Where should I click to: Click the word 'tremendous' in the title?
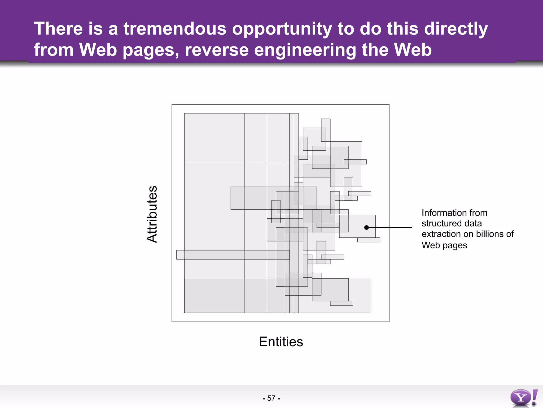coord(175,29)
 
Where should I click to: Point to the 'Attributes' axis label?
coord(152,214)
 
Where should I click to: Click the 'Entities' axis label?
coord(281,342)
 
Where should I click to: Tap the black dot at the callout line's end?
coord(366,227)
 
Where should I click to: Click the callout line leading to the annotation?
coord(390,227)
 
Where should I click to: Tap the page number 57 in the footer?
coord(271,398)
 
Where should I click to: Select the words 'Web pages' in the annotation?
coord(444,245)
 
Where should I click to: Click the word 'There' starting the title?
coord(58,29)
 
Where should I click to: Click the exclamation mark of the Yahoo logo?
coord(535,397)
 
